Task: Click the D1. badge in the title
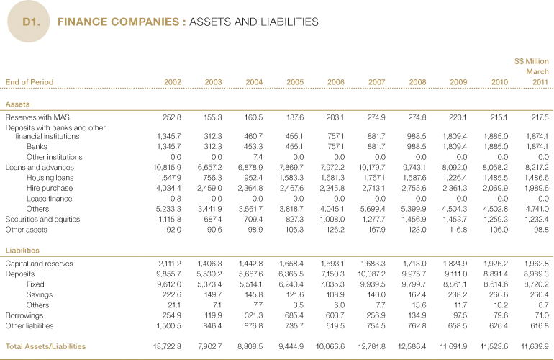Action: click(30, 22)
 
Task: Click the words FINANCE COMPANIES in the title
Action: click(119, 22)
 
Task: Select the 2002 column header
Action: click(173, 82)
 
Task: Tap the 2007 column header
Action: click(376, 82)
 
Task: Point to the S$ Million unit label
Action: click(532, 61)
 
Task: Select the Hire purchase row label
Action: click(49, 188)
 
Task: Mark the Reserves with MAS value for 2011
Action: click(540, 117)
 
